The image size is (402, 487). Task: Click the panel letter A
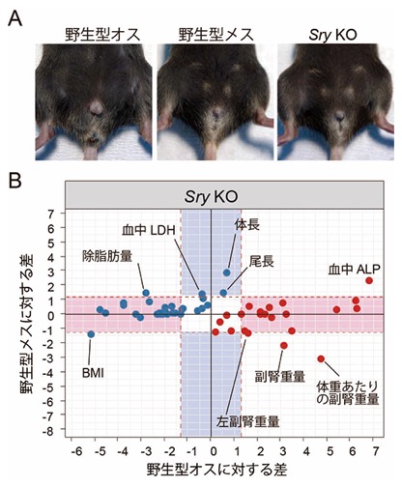click(x=15, y=18)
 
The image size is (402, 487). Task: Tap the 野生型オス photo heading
click(x=102, y=35)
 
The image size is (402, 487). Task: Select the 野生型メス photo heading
click(x=216, y=35)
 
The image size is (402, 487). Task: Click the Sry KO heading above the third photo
click(x=332, y=35)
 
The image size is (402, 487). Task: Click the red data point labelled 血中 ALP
click(x=369, y=280)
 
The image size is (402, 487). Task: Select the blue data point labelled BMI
click(x=91, y=334)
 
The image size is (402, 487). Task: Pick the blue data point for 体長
click(x=227, y=272)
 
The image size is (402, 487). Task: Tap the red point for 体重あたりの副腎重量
click(x=321, y=358)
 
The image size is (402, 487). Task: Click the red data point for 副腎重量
click(x=284, y=345)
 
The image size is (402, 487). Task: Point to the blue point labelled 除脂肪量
click(x=146, y=293)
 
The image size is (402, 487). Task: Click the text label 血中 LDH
click(x=149, y=230)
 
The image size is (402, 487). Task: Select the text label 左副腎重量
click(x=248, y=421)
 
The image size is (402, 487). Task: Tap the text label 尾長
click(x=262, y=262)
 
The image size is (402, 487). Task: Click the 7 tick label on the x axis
click(x=376, y=451)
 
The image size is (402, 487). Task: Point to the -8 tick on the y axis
click(x=51, y=431)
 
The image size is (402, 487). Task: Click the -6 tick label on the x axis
click(x=76, y=451)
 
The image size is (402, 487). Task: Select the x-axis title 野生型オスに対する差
click(x=216, y=470)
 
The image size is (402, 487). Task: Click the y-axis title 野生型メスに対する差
click(x=26, y=324)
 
